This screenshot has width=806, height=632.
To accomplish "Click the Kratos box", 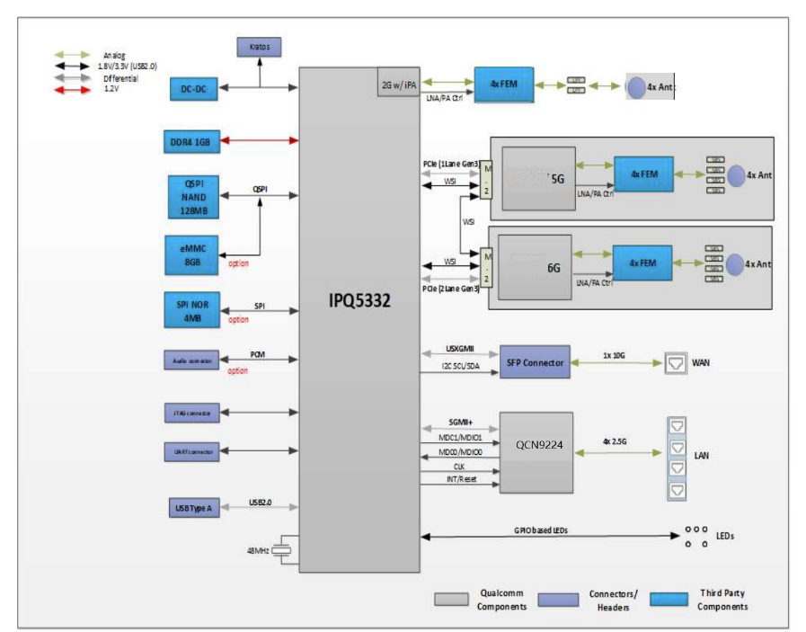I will [260, 46].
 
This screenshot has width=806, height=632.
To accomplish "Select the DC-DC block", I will [193, 88].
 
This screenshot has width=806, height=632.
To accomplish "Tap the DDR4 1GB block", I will [193, 140].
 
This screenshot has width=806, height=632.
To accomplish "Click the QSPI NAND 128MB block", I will [193, 197].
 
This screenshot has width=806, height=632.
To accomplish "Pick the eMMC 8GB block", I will [193, 254].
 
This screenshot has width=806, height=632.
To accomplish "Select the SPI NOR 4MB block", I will [193, 310].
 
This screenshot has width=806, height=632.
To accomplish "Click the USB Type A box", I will [193, 508].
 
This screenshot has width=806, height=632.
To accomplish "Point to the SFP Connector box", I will [535, 362].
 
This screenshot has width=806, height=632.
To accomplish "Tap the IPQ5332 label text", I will [359, 302].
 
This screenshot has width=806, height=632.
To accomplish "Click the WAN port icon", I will [675, 363].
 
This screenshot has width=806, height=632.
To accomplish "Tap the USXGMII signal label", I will [459, 349].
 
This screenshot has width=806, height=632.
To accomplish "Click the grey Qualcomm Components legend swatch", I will [452, 598].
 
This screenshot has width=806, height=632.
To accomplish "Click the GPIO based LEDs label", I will [540, 530].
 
